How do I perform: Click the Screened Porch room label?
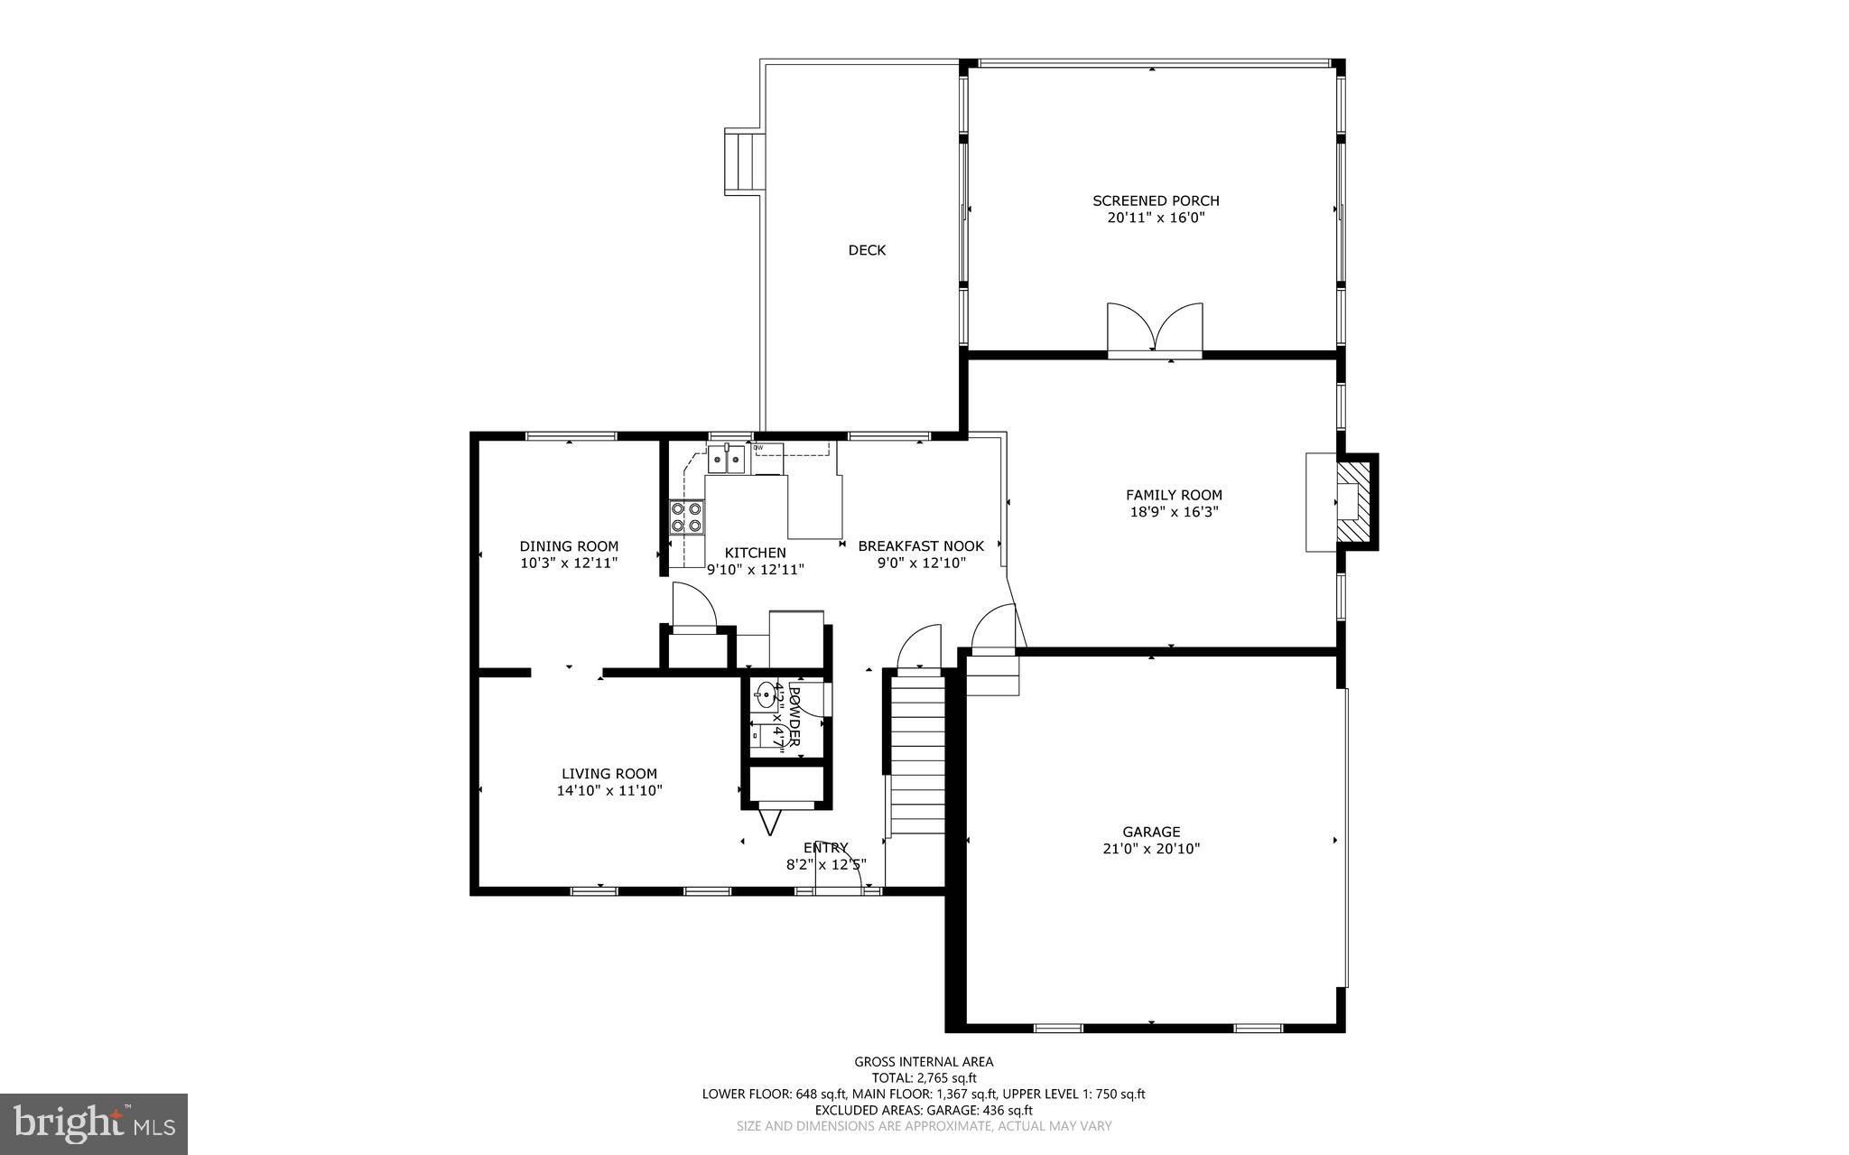[1156, 200]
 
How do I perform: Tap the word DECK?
[867, 250]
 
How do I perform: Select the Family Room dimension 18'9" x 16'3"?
[1174, 512]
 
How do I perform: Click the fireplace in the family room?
[1351, 502]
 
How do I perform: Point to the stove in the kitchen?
[686, 517]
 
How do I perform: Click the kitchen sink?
[727, 461]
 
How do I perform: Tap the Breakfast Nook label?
[921, 545]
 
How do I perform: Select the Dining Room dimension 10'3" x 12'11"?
[569, 564]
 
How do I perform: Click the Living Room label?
[609, 773]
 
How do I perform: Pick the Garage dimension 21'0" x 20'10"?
[1151, 849]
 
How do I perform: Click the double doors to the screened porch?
[1155, 331]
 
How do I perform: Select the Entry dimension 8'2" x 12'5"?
[826, 864]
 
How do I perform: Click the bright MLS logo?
[94, 1122]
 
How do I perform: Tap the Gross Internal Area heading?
[924, 1062]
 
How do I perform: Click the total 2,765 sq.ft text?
[924, 1077]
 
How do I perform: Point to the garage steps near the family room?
[992, 675]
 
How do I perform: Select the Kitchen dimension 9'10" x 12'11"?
[755, 570]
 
